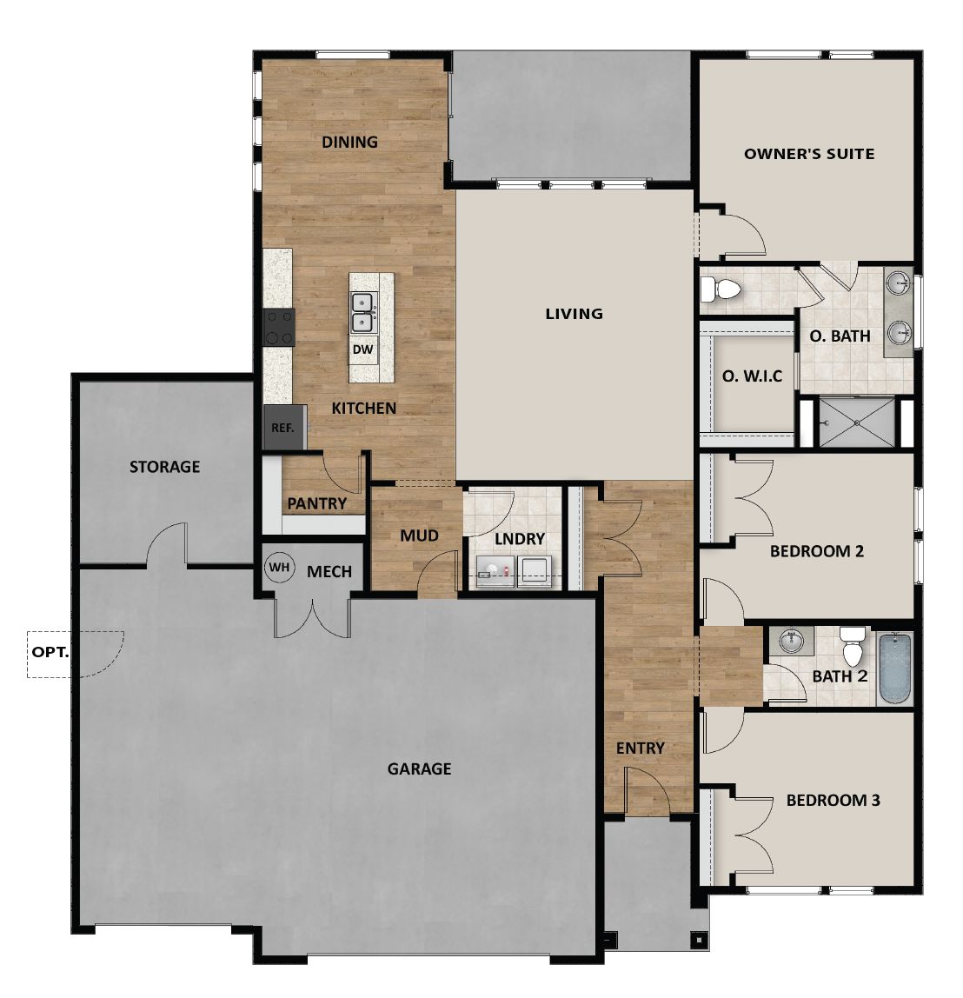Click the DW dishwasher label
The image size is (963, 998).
pyautogui.click(x=362, y=350)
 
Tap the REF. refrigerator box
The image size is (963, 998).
pyautogui.click(x=283, y=428)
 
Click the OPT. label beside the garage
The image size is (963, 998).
pyautogui.click(x=50, y=651)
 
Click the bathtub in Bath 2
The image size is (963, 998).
pyautogui.click(x=894, y=667)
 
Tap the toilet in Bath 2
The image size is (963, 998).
pyautogui.click(x=852, y=648)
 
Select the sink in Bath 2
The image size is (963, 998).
pyautogui.click(x=791, y=641)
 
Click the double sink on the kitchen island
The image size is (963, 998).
pyautogui.click(x=362, y=313)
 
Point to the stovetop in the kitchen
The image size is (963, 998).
pyautogui.click(x=279, y=327)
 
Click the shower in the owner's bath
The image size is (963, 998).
pyautogui.click(x=856, y=422)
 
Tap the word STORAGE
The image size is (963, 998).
pyautogui.click(x=164, y=467)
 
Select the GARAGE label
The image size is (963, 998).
pyautogui.click(x=419, y=768)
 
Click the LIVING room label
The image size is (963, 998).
pyautogui.click(x=574, y=314)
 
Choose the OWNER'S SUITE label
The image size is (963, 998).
pyautogui.click(x=808, y=154)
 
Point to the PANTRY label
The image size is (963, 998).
pyautogui.click(x=316, y=503)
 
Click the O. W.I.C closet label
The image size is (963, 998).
pyautogui.click(x=752, y=376)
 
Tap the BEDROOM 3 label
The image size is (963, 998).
pyautogui.click(x=833, y=800)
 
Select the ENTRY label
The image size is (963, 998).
pyautogui.click(x=640, y=748)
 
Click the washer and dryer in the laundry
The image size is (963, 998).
pyautogui.click(x=513, y=570)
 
